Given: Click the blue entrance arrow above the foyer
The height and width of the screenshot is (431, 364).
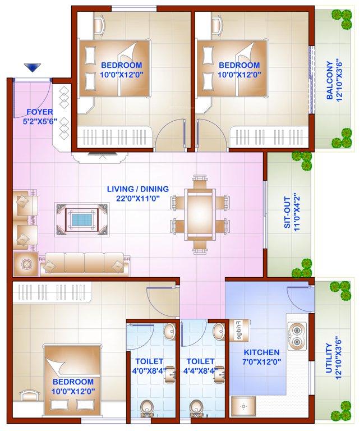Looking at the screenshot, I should tap(33, 68).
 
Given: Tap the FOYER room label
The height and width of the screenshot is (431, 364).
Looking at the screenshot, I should tap(40, 112).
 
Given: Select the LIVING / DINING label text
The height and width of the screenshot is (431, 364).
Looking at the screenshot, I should tap(137, 189).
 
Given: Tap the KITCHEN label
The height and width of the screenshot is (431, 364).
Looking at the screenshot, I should tap(261, 352).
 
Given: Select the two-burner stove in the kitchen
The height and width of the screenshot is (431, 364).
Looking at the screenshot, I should tap(297, 335).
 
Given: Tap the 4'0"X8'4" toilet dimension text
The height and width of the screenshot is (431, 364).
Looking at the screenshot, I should tap(149, 372).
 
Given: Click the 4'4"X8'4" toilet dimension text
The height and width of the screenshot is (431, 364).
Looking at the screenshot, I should tap(200, 372).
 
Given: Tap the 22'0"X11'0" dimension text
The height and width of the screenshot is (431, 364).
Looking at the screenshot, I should tap(137, 199).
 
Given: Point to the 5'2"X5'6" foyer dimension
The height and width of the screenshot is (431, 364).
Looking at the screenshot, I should tap(40, 121).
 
